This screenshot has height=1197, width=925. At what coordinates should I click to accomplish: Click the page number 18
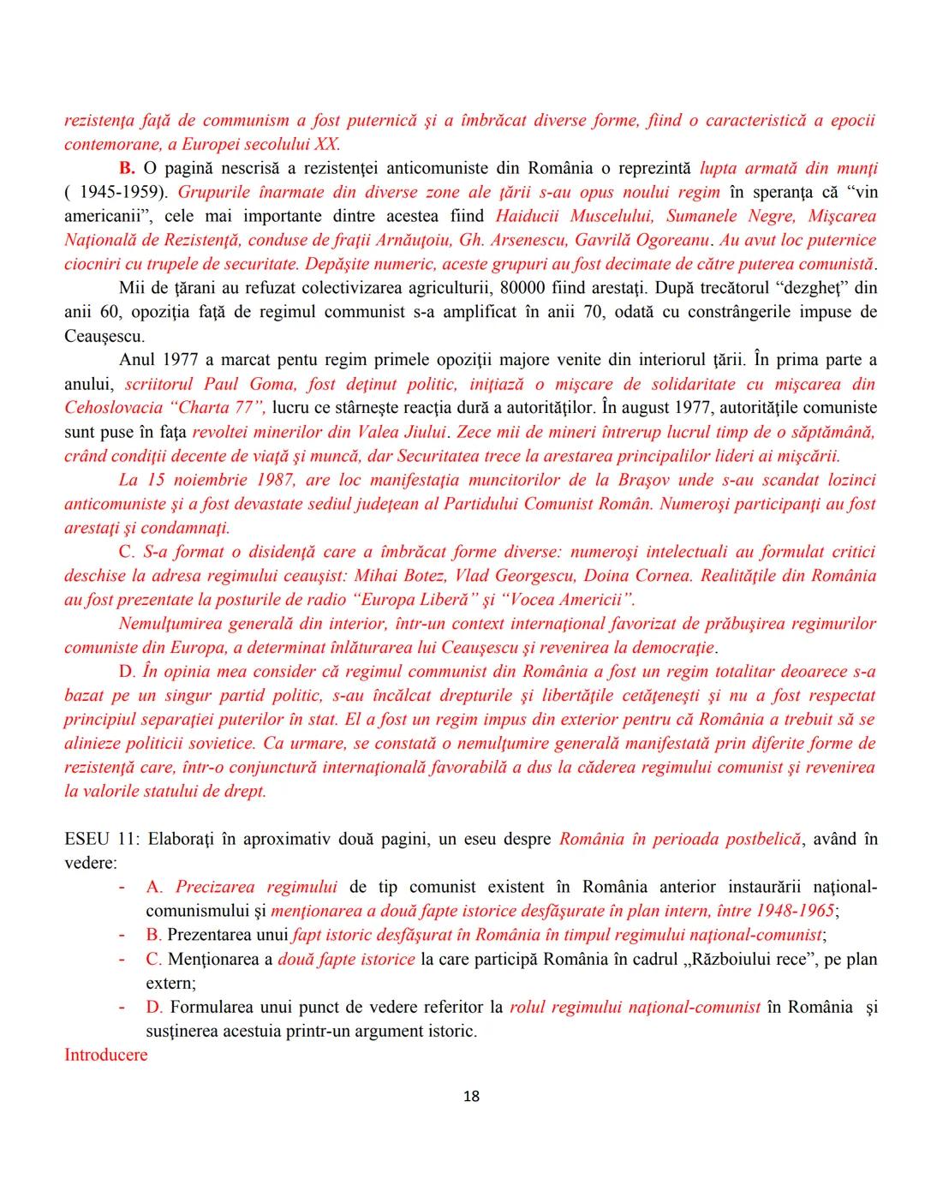point(471,1096)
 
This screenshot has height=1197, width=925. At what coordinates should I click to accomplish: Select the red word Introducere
point(105,1054)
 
